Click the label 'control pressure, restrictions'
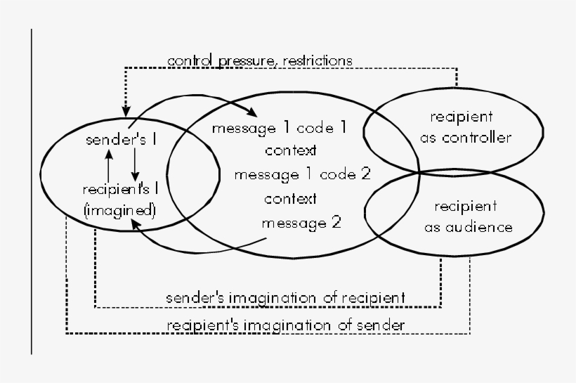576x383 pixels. [259, 60]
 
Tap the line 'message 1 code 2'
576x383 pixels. [302, 174]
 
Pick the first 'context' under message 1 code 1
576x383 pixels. [290, 150]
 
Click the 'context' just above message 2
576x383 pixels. [290, 199]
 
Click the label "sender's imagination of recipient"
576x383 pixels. [284, 298]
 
